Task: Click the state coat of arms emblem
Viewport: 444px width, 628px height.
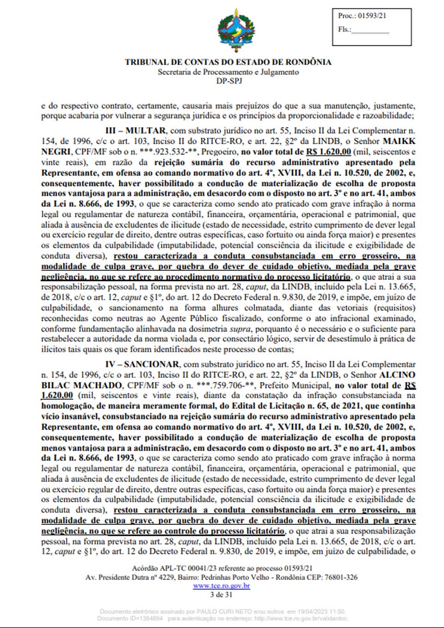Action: click(x=236, y=30)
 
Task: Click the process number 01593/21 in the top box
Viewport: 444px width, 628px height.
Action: click(x=372, y=16)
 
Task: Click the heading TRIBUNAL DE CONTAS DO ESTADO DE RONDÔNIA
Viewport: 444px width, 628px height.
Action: click(x=228, y=62)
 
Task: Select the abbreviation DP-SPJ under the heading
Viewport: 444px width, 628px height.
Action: click(x=228, y=81)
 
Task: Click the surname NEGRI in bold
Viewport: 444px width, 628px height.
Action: click(x=55, y=152)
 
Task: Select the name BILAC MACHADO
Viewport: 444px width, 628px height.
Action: click(x=81, y=385)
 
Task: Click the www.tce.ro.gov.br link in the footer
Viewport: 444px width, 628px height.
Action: click(x=222, y=586)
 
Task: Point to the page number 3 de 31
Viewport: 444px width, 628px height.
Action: click(x=221, y=595)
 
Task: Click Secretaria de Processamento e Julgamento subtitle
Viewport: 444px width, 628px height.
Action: click(x=228, y=72)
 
